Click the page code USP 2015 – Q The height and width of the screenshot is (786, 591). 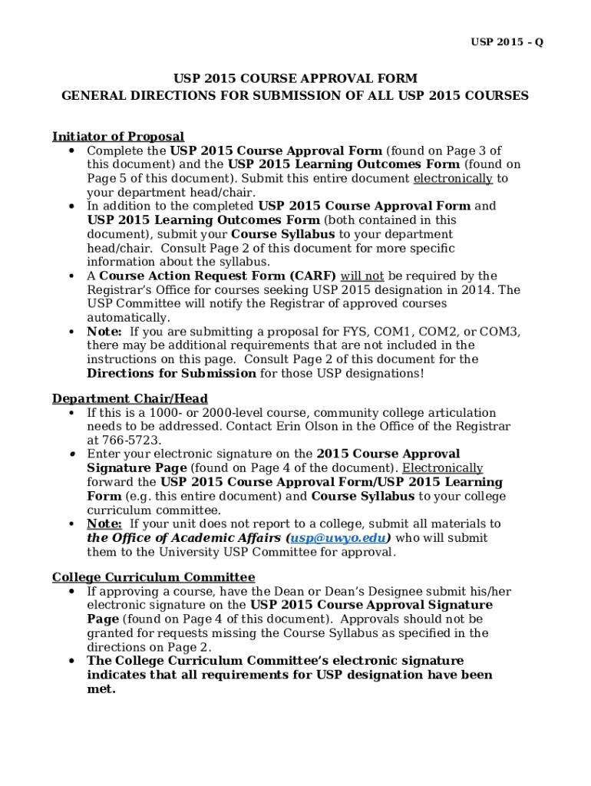[507, 42]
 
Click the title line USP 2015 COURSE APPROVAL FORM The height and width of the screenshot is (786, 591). [295, 79]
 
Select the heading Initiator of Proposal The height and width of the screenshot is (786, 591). [117, 137]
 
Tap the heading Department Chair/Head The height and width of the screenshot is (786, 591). [130, 398]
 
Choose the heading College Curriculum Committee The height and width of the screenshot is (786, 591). [154, 577]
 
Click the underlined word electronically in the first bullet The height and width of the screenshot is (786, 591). [453, 179]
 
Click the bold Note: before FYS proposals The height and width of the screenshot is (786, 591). [104, 332]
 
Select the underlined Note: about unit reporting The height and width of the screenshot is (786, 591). [104, 524]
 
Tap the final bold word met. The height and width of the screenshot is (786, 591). [101, 689]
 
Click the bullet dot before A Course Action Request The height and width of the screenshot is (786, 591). [71, 276]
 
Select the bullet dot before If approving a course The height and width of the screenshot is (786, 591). [71, 592]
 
